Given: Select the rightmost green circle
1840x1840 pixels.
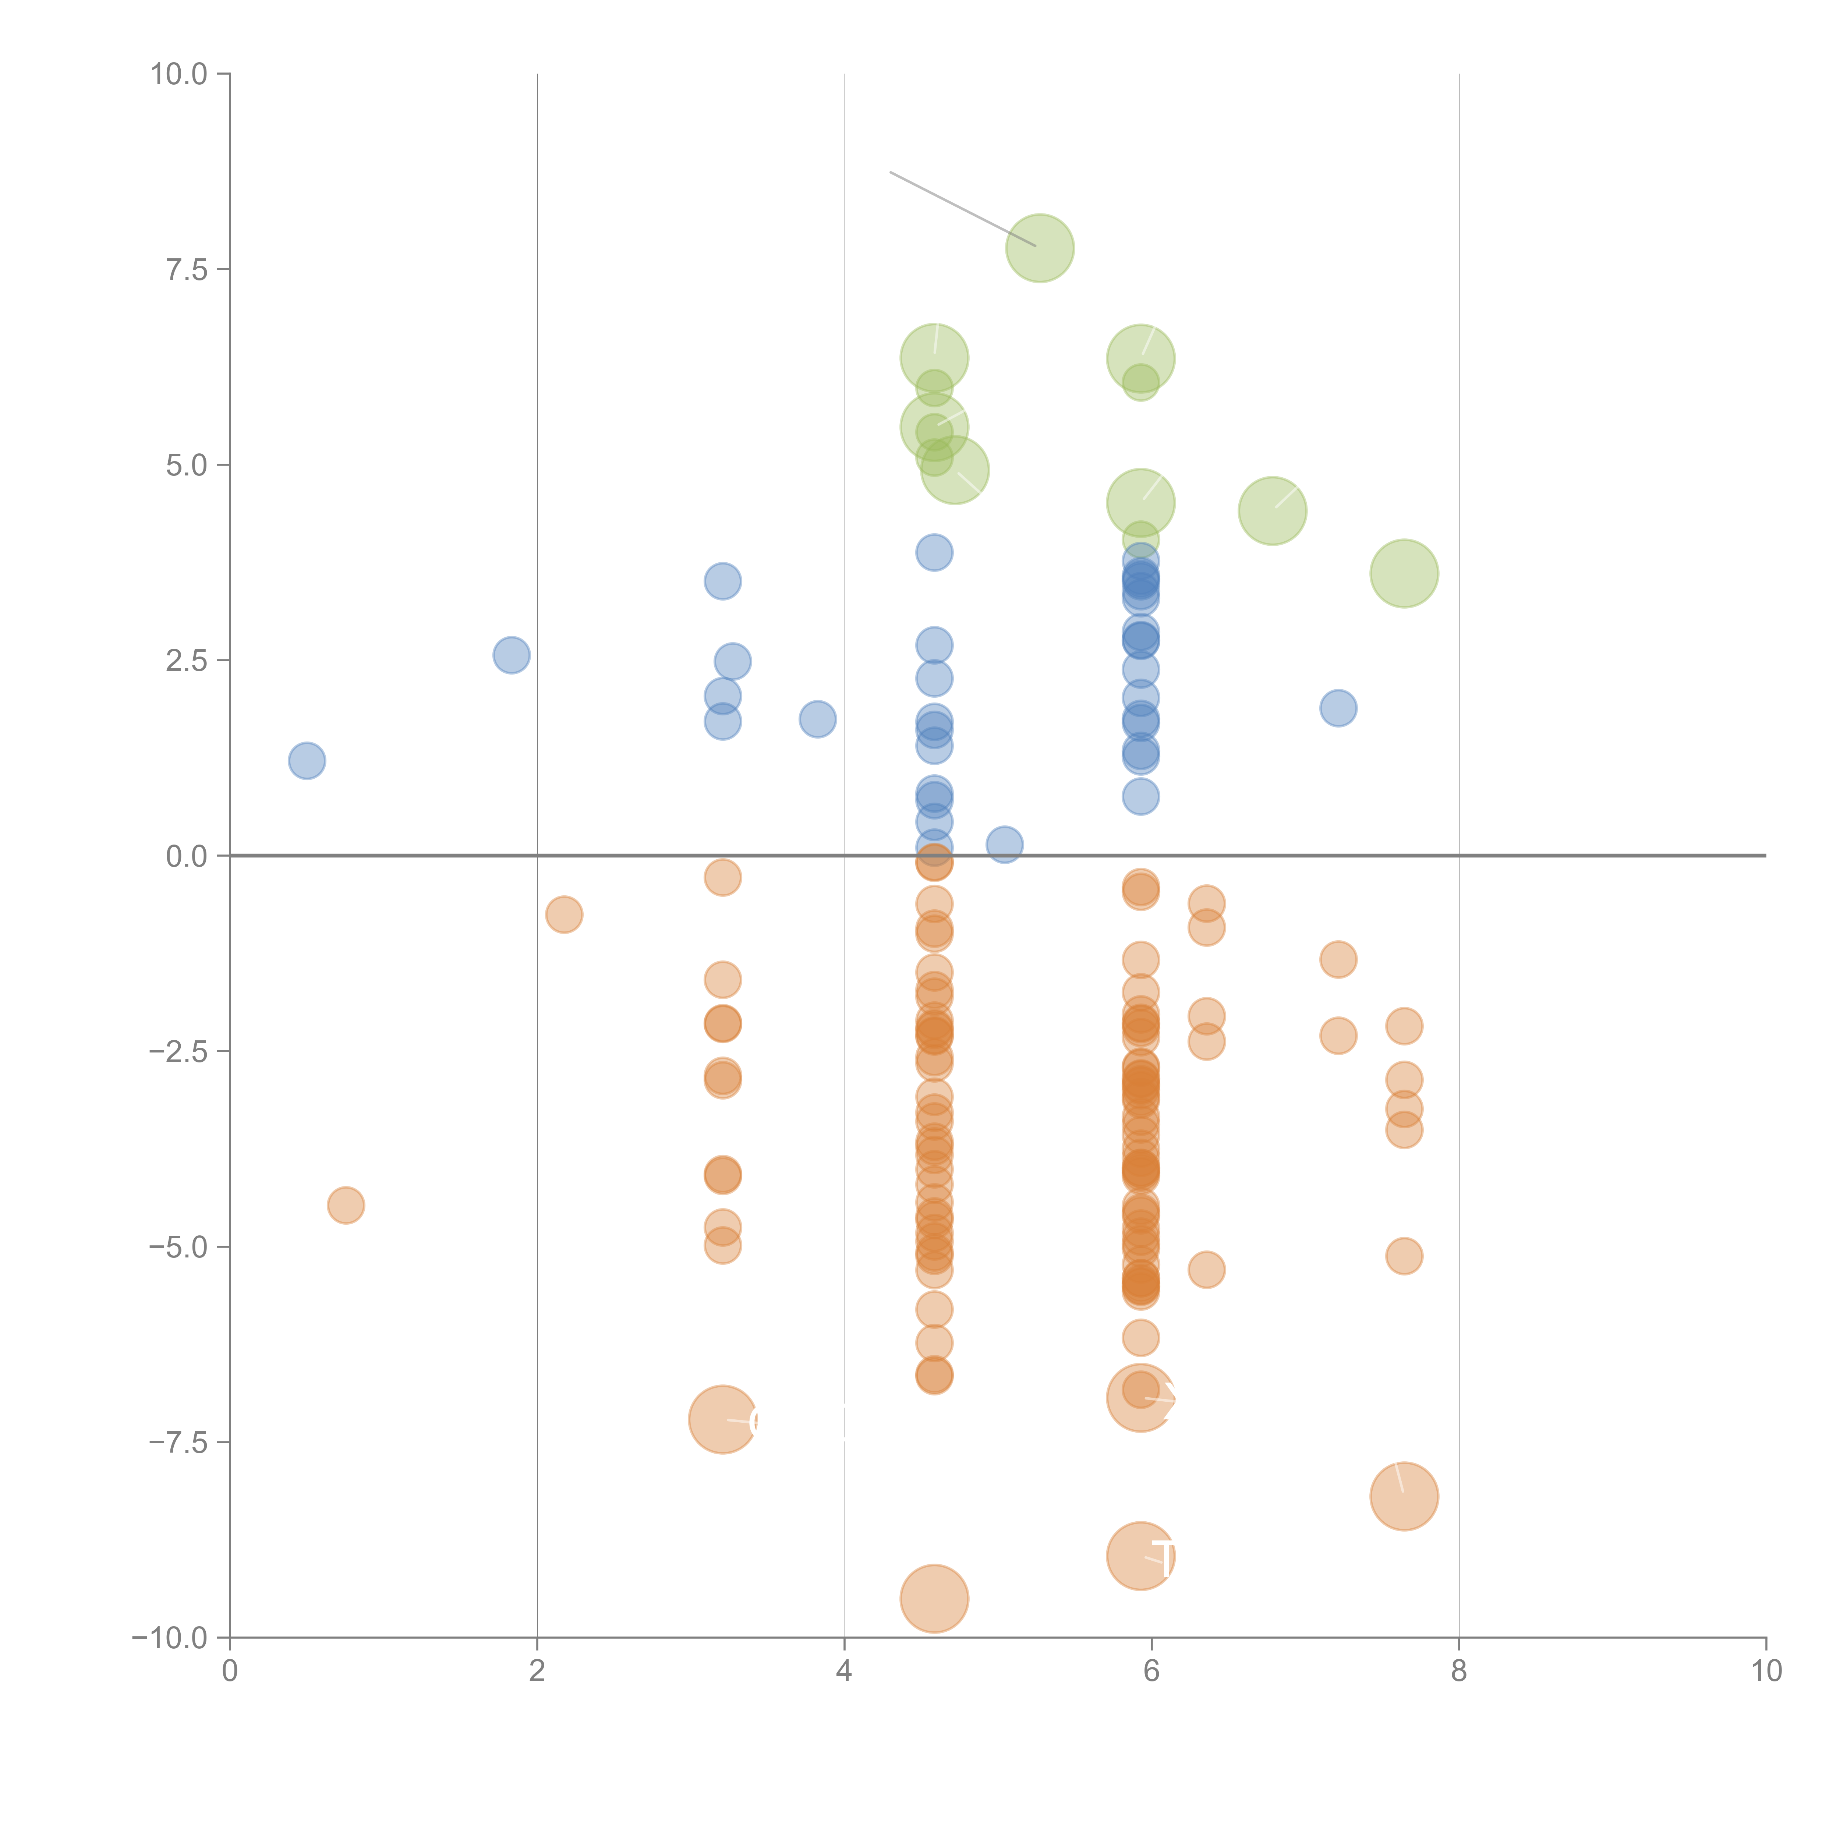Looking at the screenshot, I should point(1404,573).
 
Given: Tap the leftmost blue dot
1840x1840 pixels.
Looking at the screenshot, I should point(307,760).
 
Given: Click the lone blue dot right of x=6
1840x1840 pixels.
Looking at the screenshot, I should point(1338,708).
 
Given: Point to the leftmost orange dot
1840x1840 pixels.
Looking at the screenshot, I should point(346,1205).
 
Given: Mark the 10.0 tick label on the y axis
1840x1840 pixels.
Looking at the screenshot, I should point(179,74).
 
